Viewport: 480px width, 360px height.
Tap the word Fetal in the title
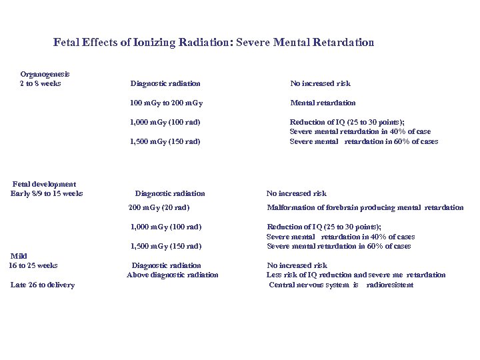pos(67,43)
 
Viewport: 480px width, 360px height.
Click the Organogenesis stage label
pos(45,74)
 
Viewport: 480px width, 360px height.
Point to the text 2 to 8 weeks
pos(41,83)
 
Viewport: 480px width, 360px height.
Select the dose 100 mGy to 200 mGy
pos(167,103)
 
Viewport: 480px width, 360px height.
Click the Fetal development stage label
pos(45,184)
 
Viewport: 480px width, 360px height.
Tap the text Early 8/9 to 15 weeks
pos(47,193)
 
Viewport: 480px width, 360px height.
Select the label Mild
pos(19,256)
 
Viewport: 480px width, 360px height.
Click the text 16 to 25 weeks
pos(33,265)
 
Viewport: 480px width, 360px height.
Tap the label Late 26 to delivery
pos(43,285)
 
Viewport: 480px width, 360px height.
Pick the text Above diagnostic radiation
pos(172,275)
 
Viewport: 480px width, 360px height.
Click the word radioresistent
pos(390,285)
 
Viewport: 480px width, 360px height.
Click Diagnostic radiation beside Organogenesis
pos(165,84)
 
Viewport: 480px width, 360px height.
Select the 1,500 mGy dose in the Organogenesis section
pos(165,141)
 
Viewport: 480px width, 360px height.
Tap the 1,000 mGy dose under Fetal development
pos(166,227)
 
